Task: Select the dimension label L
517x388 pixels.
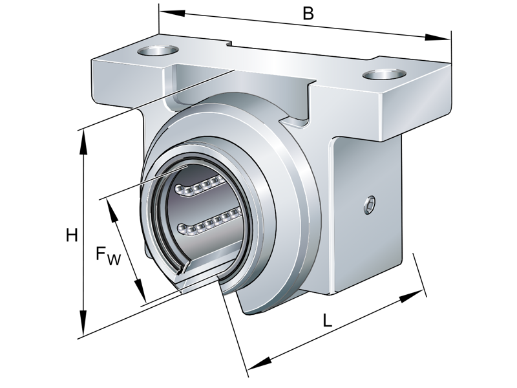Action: point(328,320)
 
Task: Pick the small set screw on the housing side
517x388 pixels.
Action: point(369,204)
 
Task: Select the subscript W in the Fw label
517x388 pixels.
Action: point(114,260)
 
